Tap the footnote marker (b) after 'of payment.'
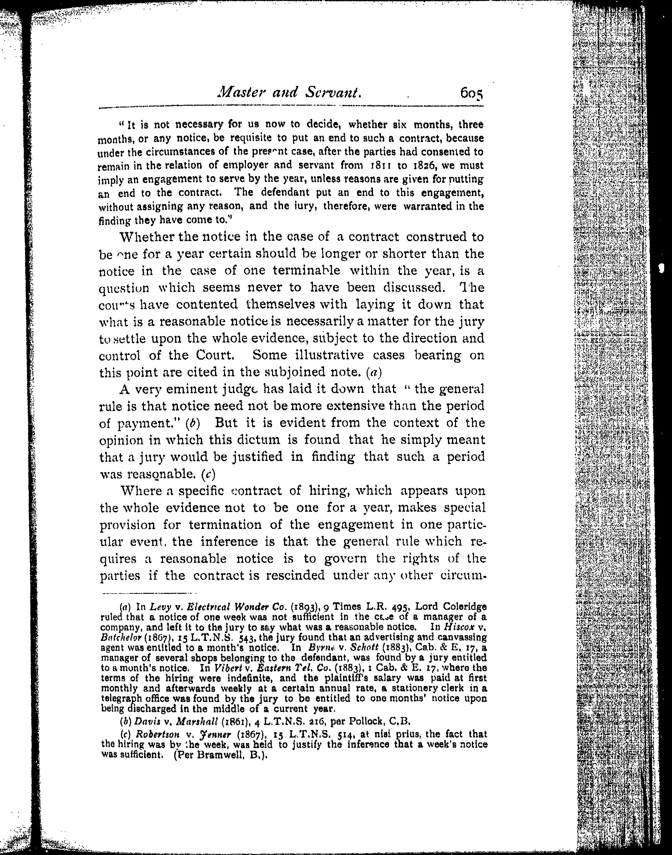coord(192,423)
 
